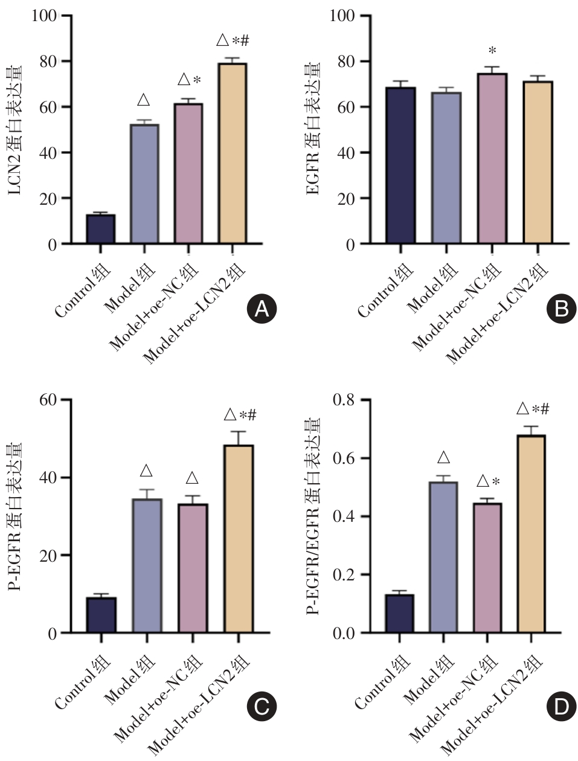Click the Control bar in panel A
100,229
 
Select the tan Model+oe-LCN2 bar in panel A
231,153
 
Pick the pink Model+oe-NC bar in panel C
193,568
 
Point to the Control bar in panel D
399,614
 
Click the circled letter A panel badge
262,310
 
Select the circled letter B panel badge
561,310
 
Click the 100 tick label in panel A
43,16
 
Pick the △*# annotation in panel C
240,415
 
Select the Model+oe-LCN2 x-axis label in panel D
492,707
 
